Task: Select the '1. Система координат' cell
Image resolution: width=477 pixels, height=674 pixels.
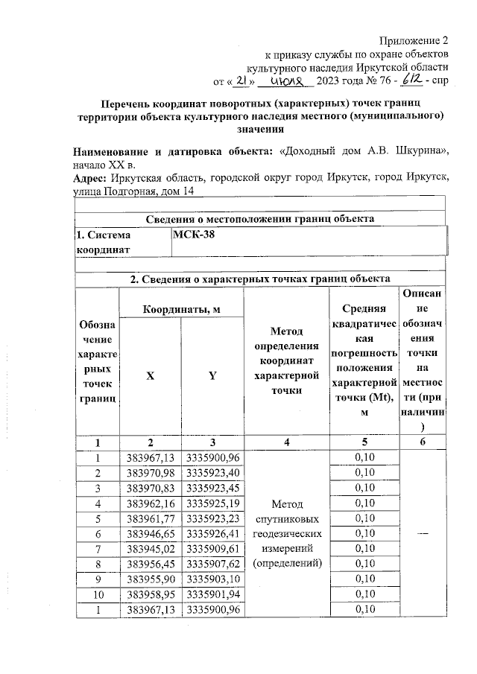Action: coord(123,243)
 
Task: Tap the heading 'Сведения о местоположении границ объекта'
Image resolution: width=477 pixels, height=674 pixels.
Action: coord(259,217)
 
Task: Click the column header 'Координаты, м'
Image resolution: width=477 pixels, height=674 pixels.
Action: coord(182,308)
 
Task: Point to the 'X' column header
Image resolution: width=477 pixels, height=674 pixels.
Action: coord(151,376)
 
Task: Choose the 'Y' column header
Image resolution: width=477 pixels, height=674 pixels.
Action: coord(212,376)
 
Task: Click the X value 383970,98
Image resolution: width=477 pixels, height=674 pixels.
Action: coord(151,472)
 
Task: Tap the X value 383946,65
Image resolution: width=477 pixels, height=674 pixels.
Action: coord(151,533)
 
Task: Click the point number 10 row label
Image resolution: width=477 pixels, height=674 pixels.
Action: coord(98,595)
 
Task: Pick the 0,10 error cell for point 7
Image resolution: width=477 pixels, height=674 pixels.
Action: coord(364,549)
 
